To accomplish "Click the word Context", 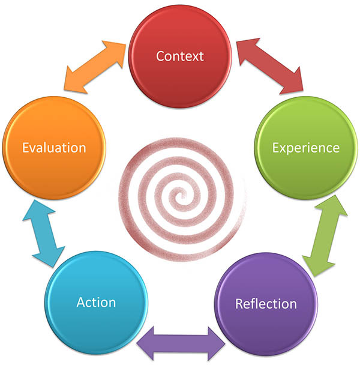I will [x=180, y=56].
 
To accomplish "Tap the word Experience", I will [x=306, y=148].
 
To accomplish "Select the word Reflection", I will [x=265, y=303].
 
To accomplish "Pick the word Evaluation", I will [x=54, y=148].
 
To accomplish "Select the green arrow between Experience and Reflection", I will [x=325, y=235].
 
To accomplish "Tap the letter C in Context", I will [x=160, y=56].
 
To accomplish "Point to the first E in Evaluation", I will [x=25, y=148].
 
